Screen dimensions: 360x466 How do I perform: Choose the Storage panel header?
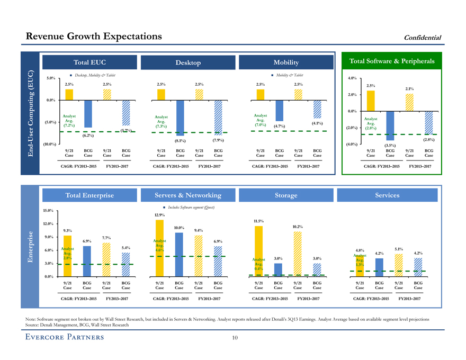tap(286, 195)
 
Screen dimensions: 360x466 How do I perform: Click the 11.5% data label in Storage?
tap(258, 221)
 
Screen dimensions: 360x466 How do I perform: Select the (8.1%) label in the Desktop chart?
tap(180, 141)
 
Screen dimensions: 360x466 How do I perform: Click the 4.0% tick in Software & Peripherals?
tap(352, 78)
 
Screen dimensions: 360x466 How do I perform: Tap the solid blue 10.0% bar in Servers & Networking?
tap(180, 255)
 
